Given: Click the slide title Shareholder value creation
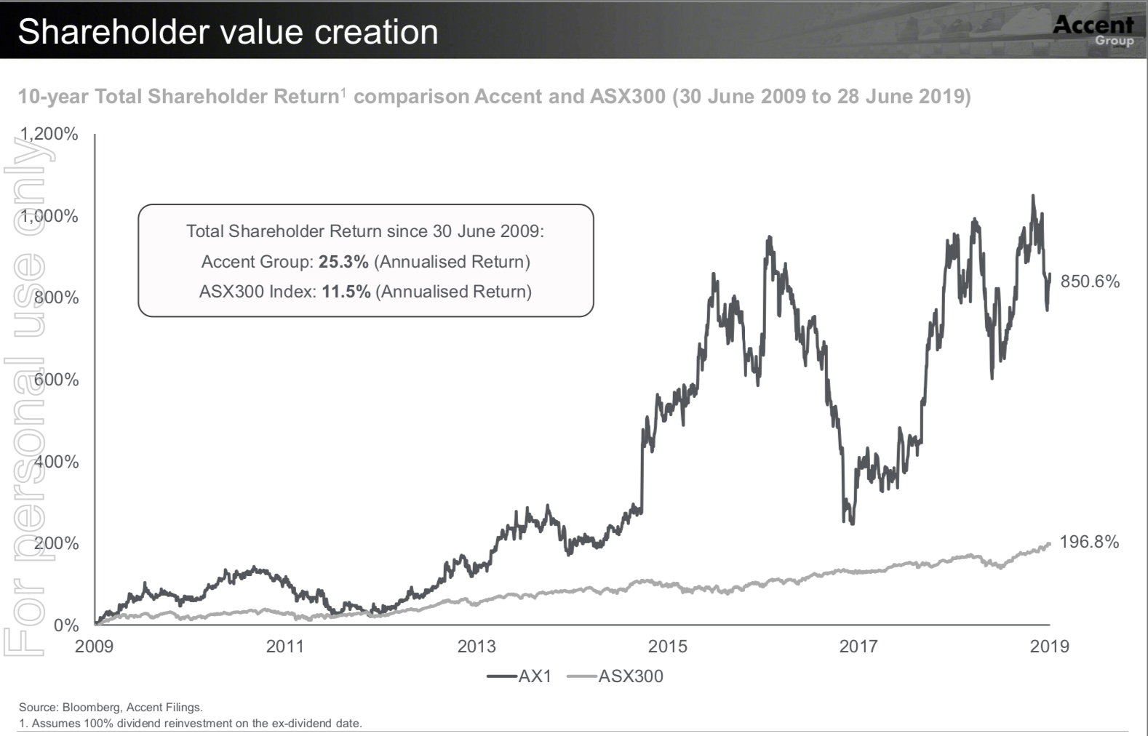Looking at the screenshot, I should coord(228,32).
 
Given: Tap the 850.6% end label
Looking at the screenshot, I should coord(1090,281).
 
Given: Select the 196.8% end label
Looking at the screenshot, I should coord(1089,542).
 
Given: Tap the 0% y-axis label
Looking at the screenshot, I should coord(66,625).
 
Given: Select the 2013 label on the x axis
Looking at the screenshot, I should coord(477,646).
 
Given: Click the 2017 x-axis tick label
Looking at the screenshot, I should coord(858,646).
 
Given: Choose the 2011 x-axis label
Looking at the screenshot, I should coord(285,646).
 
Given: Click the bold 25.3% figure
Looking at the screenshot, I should coord(343,262).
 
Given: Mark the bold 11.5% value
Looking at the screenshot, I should coord(346,292).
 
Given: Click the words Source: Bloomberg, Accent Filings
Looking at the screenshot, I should coord(111,707).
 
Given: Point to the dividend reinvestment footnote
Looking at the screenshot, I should coord(190,723).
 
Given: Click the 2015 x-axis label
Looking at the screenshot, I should coord(668,646).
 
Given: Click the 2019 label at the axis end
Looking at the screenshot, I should coord(1050,646).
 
